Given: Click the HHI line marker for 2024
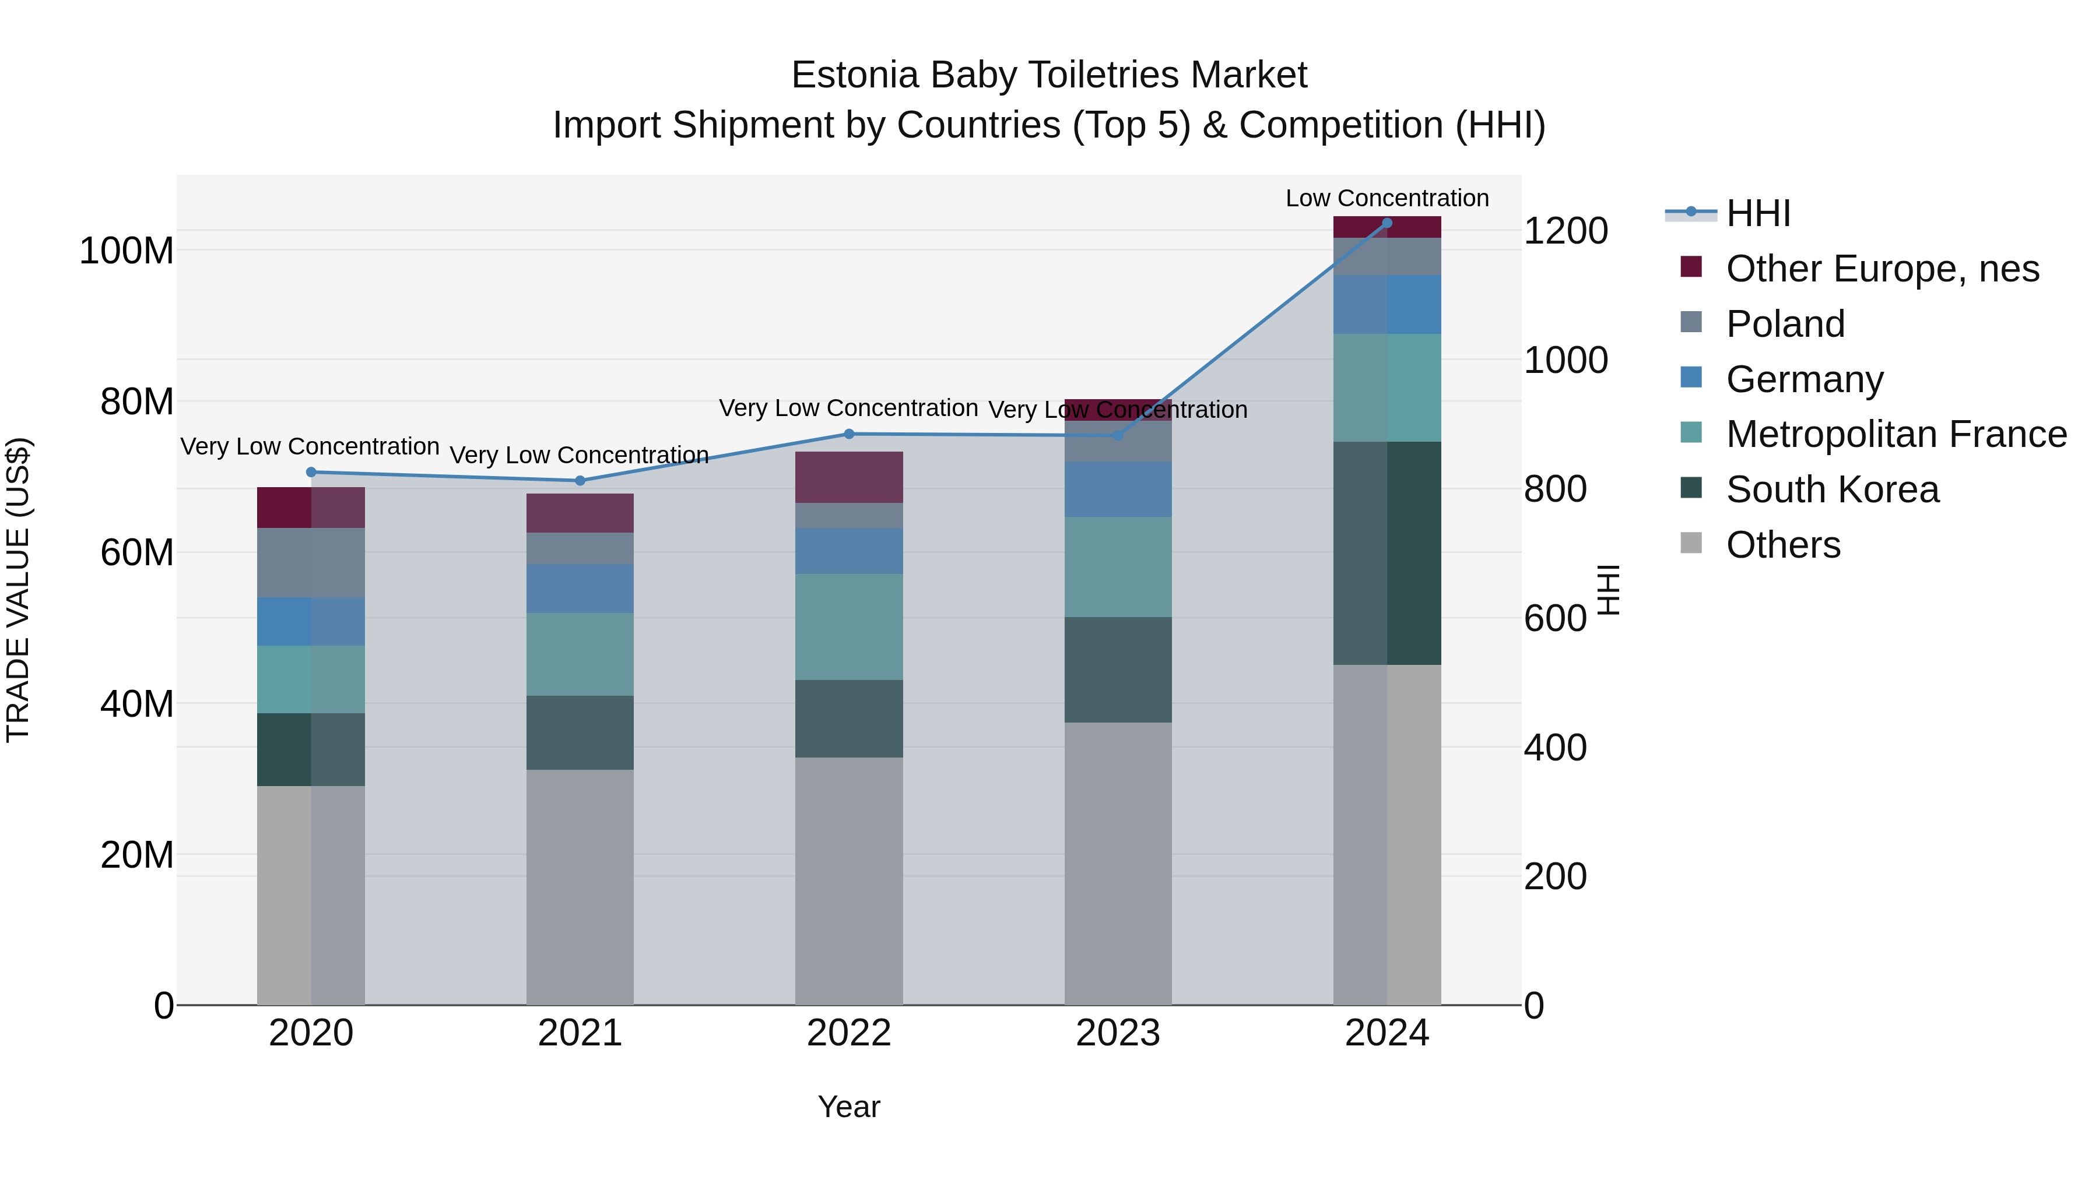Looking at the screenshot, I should pyautogui.click(x=1387, y=223).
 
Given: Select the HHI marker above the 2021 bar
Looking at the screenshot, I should pyautogui.click(x=580, y=481).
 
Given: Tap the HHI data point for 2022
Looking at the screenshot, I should pyautogui.click(x=849, y=434).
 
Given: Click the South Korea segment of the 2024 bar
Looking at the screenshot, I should pyautogui.click(x=1387, y=553).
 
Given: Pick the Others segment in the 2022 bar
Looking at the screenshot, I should pyautogui.click(x=849, y=879).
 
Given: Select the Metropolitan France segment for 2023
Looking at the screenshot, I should pyautogui.click(x=1118, y=567).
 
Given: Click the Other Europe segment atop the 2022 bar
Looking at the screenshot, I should pyautogui.click(x=849, y=477).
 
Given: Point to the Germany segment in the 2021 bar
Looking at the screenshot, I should pyautogui.click(x=580, y=588).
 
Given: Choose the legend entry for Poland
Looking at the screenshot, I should pyautogui.click(x=1785, y=324).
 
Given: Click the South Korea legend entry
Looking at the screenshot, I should pyautogui.click(x=1832, y=489).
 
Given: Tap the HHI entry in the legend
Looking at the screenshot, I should pyautogui.click(x=1757, y=213).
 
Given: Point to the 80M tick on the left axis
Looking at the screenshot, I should pyautogui.click(x=137, y=401).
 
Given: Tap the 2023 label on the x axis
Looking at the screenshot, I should pyautogui.click(x=1118, y=1033).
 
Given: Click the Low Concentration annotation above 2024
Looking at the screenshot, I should pyautogui.click(x=1387, y=198).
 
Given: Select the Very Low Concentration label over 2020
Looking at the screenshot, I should pyautogui.click(x=310, y=446).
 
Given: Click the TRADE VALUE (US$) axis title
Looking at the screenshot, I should pyautogui.click(x=18, y=590).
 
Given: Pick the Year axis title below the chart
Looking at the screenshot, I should pyautogui.click(x=849, y=1107).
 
